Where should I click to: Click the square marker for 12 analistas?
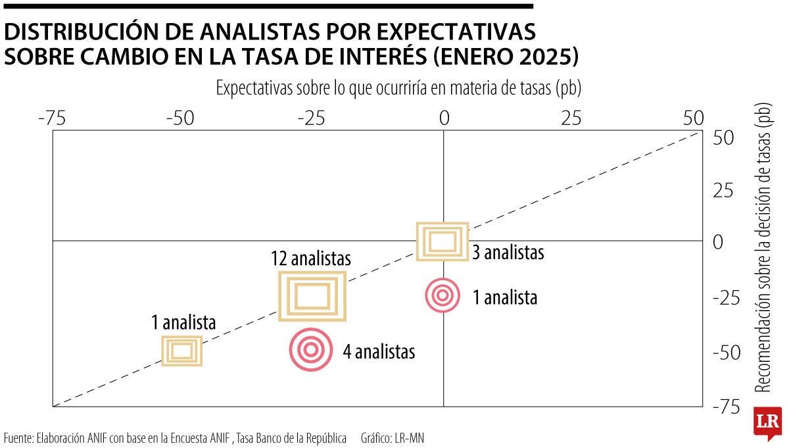click(x=312, y=296)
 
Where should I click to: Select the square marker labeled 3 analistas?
click(x=442, y=241)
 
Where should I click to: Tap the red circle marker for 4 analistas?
click(x=310, y=350)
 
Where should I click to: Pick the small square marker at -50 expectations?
click(x=182, y=350)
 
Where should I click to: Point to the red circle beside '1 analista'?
click(x=442, y=295)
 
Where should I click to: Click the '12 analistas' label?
click(x=311, y=259)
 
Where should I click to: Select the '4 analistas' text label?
click(x=379, y=352)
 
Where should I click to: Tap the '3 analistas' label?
click(x=508, y=252)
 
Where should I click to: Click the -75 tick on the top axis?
click(x=53, y=118)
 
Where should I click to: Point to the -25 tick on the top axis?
click(x=312, y=118)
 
